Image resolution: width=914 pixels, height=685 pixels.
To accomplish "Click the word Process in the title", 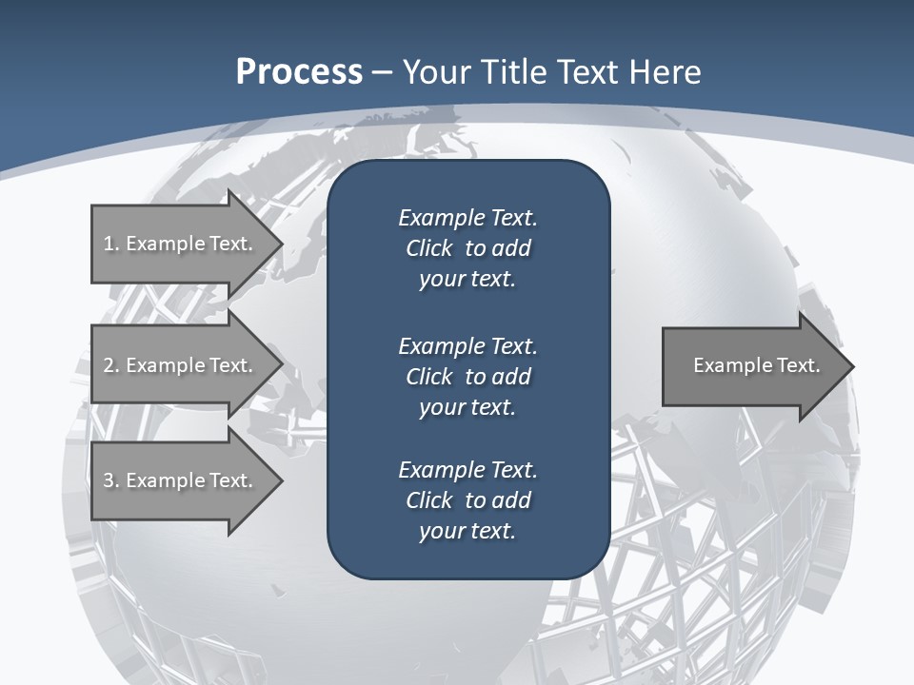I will tap(299, 72).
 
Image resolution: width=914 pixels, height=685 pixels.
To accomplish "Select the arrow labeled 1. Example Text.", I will tap(178, 244).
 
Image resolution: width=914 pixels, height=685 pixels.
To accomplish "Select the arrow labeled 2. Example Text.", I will tap(178, 365).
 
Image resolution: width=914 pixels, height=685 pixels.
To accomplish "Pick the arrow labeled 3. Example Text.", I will tap(178, 480).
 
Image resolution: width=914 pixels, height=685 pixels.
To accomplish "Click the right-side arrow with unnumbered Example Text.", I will tap(756, 365).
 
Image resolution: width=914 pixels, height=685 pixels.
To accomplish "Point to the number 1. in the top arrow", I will tap(111, 244).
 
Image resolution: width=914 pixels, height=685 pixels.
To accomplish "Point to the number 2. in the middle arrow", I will tap(111, 365).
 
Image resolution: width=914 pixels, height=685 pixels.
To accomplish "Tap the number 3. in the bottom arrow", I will tap(111, 480).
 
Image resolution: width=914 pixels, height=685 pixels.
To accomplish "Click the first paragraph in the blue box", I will tap(467, 248).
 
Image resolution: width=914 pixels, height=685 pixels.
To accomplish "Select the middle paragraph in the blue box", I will tap(467, 376).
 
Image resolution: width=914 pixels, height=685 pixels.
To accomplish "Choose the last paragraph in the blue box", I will tap(467, 500).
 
